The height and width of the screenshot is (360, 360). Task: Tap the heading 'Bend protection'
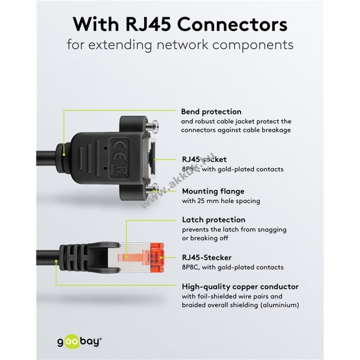click(211, 112)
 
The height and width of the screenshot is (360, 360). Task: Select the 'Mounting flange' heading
click(213, 191)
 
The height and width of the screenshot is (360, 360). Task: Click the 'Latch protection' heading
click(214, 220)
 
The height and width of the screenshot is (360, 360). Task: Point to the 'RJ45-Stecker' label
click(206, 258)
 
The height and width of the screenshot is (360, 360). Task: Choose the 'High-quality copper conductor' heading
click(240, 286)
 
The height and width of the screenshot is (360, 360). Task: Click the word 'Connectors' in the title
click(233, 24)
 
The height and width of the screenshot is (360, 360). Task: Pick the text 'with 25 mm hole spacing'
click(221, 201)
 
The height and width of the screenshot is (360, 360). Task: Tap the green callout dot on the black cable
click(56, 262)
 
